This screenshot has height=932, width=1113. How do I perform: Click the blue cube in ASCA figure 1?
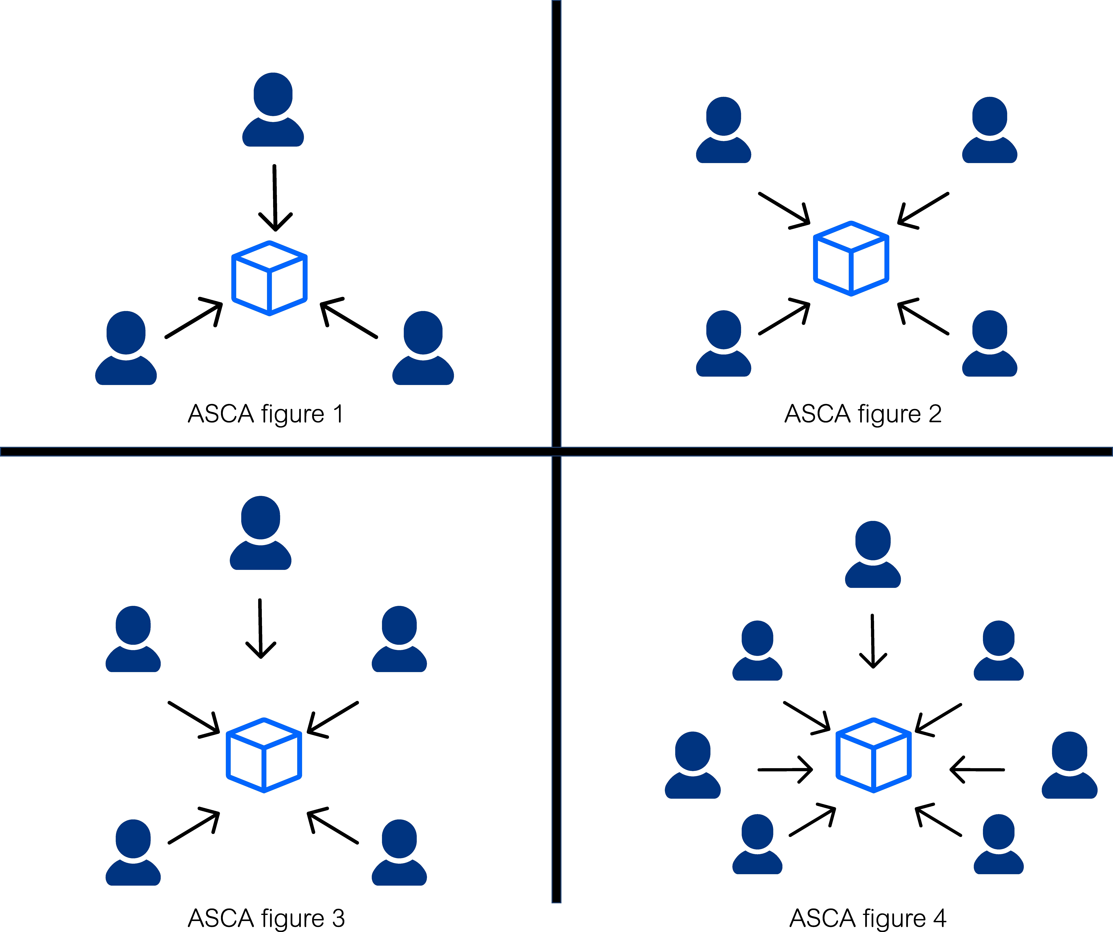click(269, 278)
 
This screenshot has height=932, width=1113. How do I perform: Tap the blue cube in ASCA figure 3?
click(264, 756)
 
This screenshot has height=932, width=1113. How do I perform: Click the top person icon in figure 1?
click(273, 110)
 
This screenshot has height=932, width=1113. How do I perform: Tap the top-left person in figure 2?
click(723, 130)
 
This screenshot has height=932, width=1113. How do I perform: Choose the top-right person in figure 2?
click(989, 130)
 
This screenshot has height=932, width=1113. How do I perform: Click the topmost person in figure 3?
click(260, 533)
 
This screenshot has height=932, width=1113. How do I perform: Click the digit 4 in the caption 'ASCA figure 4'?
click(940, 918)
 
